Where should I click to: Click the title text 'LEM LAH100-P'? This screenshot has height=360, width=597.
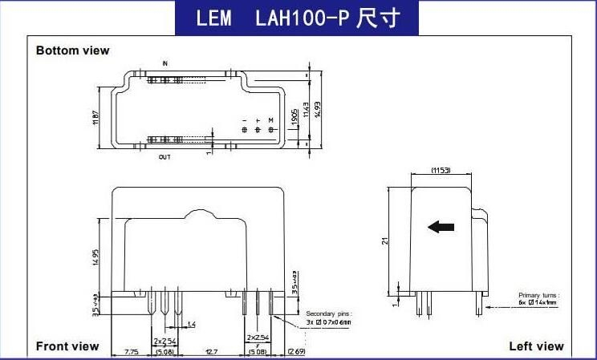[298, 18]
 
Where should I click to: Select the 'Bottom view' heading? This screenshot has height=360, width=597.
[72, 51]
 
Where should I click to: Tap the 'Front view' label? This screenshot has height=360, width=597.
[67, 346]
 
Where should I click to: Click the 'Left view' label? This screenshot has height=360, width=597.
[536, 346]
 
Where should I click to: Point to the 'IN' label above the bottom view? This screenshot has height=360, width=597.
[165, 63]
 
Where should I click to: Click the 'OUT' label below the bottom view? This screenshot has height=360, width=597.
[164, 157]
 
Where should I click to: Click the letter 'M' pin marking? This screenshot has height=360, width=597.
[271, 119]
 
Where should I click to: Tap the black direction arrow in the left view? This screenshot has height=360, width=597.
[441, 227]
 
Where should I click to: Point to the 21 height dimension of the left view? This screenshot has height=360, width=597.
[386, 240]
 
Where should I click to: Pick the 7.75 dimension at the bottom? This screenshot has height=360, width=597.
[132, 351]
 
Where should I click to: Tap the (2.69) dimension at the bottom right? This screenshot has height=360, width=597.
[296, 351]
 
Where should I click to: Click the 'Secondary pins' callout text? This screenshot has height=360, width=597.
[330, 313]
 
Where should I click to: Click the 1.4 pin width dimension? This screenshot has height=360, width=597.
[191, 324]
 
